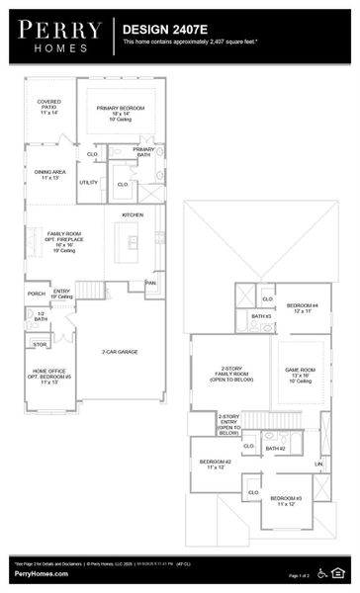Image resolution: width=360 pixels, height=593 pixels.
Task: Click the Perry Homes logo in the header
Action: click(x=57, y=37)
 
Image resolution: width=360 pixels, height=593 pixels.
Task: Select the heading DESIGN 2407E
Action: click(x=162, y=31)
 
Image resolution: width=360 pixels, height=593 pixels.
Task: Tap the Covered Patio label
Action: click(x=48, y=107)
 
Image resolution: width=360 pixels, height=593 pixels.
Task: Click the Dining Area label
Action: click(x=49, y=174)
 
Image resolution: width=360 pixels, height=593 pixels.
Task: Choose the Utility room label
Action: click(x=89, y=183)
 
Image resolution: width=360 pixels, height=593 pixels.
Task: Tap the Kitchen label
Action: click(x=133, y=214)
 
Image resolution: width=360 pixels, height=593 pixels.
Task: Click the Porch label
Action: click(x=37, y=294)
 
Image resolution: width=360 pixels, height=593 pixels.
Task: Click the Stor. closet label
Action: click(x=40, y=345)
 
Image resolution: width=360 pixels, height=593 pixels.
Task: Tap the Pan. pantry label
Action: click(x=150, y=284)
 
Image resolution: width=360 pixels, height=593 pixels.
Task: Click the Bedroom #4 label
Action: click(x=303, y=307)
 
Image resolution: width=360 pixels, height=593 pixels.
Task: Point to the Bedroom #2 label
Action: click(x=215, y=465)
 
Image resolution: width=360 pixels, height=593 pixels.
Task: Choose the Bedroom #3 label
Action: click(x=290, y=501)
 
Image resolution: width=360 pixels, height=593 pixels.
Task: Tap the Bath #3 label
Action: click(x=261, y=316)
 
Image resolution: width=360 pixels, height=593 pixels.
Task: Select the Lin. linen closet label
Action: click(x=318, y=464)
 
